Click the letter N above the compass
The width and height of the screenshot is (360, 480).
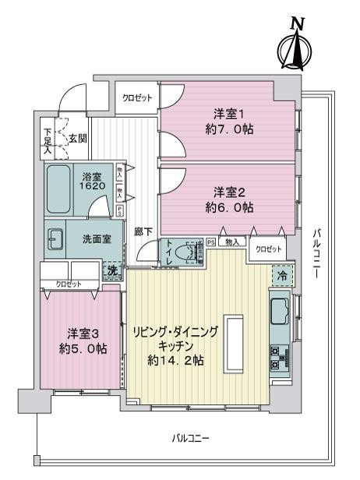tap(296, 24)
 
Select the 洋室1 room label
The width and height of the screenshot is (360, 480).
tap(226, 113)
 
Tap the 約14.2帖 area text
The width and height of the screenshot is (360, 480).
tap(176, 360)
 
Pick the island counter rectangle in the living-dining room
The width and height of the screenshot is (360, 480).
tap(233, 344)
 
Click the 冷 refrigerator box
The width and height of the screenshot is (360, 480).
tap(282, 274)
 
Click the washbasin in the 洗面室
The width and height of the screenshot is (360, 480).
tap(55, 240)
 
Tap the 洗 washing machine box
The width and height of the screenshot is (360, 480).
tap(113, 270)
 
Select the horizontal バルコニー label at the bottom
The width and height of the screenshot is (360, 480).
tap(190, 440)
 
